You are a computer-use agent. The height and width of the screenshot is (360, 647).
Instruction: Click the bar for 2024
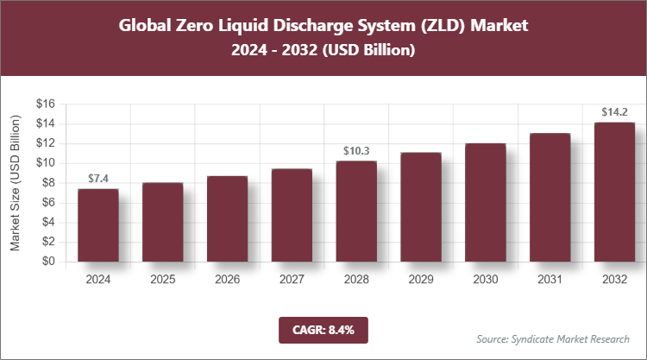[97, 224]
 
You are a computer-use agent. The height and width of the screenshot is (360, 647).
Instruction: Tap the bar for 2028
[356, 211]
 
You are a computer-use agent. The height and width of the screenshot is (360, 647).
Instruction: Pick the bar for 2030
[486, 202]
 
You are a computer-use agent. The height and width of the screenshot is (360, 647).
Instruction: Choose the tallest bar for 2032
[615, 192]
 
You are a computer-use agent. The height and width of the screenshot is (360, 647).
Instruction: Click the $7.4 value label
[97, 179]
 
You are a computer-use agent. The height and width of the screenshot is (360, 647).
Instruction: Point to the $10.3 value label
[356, 150]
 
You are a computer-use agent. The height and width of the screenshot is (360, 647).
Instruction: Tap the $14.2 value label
[615, 111]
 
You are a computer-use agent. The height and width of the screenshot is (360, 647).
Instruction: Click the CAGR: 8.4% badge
[323, 329]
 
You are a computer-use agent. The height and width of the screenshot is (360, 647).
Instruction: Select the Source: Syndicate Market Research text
[552, 338]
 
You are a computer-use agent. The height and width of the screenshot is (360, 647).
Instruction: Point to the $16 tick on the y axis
[46, 104]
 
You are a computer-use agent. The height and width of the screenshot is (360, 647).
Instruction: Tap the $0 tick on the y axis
[49, 262]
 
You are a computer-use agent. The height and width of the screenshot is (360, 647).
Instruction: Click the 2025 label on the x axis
[162, 279]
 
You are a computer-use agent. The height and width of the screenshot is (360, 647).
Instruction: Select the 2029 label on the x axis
[421, 279]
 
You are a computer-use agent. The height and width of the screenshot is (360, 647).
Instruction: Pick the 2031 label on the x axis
[550, 279]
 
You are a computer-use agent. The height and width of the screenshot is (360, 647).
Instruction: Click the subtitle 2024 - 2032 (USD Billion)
[323, 51]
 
